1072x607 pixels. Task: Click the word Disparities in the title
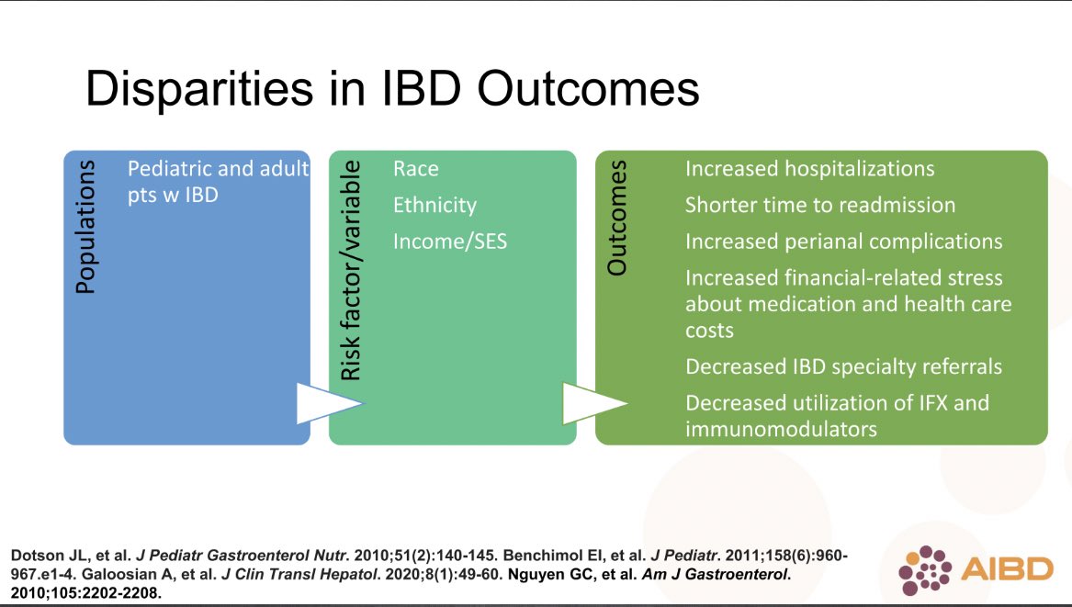[x=199, y=89]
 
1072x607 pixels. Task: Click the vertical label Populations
[x=85, y=227]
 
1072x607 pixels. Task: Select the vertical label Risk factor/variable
[x=350, y=270]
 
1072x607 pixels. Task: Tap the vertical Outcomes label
[x=616, y=218]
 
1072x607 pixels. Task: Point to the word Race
[x=416, y=169]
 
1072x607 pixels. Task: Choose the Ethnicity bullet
[x=434, y=205]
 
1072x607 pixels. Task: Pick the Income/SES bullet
[x=450, y=242]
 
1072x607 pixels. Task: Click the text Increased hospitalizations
[x=809, y=169]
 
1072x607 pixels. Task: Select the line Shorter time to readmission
[x=819, y=205]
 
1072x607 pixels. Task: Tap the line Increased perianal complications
[x=843, y=242]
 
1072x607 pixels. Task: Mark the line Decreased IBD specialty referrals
[x=843, y=366]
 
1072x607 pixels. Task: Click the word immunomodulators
[x=781, y=429]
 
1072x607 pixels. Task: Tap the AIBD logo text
[x=1007, y=569]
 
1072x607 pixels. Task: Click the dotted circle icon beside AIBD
[x=925, y=571]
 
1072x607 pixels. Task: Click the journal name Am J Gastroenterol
[x=716, y=575]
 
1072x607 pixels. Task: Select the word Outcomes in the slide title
[x=588, y=89]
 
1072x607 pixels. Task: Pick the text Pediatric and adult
[x=218, y=169]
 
